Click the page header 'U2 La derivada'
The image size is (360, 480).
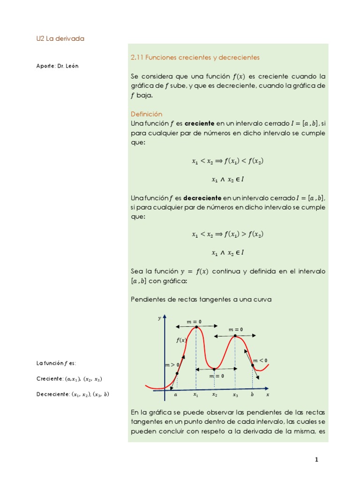coord(60,38)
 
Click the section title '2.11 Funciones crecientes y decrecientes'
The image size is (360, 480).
coord(195,57)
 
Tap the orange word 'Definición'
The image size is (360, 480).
coord(146,114)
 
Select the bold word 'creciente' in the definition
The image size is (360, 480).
coord(199,123)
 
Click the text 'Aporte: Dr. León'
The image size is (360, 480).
coord(57,66)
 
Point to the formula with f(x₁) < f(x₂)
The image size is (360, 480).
coord(228,161)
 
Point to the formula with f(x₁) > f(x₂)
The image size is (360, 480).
coord(228,234)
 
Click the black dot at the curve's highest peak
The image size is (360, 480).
coord(196,327)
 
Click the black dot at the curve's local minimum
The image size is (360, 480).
coord(214,369)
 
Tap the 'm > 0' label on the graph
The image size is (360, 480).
coord(172,364)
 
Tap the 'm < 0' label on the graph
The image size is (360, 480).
coord(260,360)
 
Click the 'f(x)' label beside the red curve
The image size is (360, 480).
coord(181,340)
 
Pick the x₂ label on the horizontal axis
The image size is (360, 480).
coord(214,395)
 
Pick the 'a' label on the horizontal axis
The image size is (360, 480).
coord(176,395)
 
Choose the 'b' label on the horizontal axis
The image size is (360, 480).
coord(252,395)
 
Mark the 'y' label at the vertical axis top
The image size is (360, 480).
coord(159,318)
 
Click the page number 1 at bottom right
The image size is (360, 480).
coord(316,460)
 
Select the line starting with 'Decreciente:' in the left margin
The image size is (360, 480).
coord(73,394)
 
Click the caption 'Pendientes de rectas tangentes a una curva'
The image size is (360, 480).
coord(201,299)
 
